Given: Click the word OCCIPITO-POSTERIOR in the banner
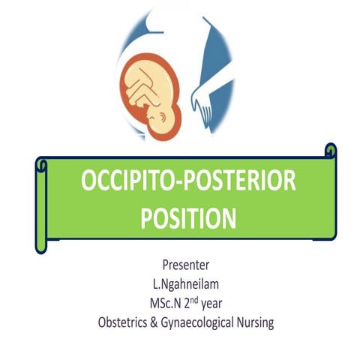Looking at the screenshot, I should pos(181,184).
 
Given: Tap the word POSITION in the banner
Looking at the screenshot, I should pos(181,217).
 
